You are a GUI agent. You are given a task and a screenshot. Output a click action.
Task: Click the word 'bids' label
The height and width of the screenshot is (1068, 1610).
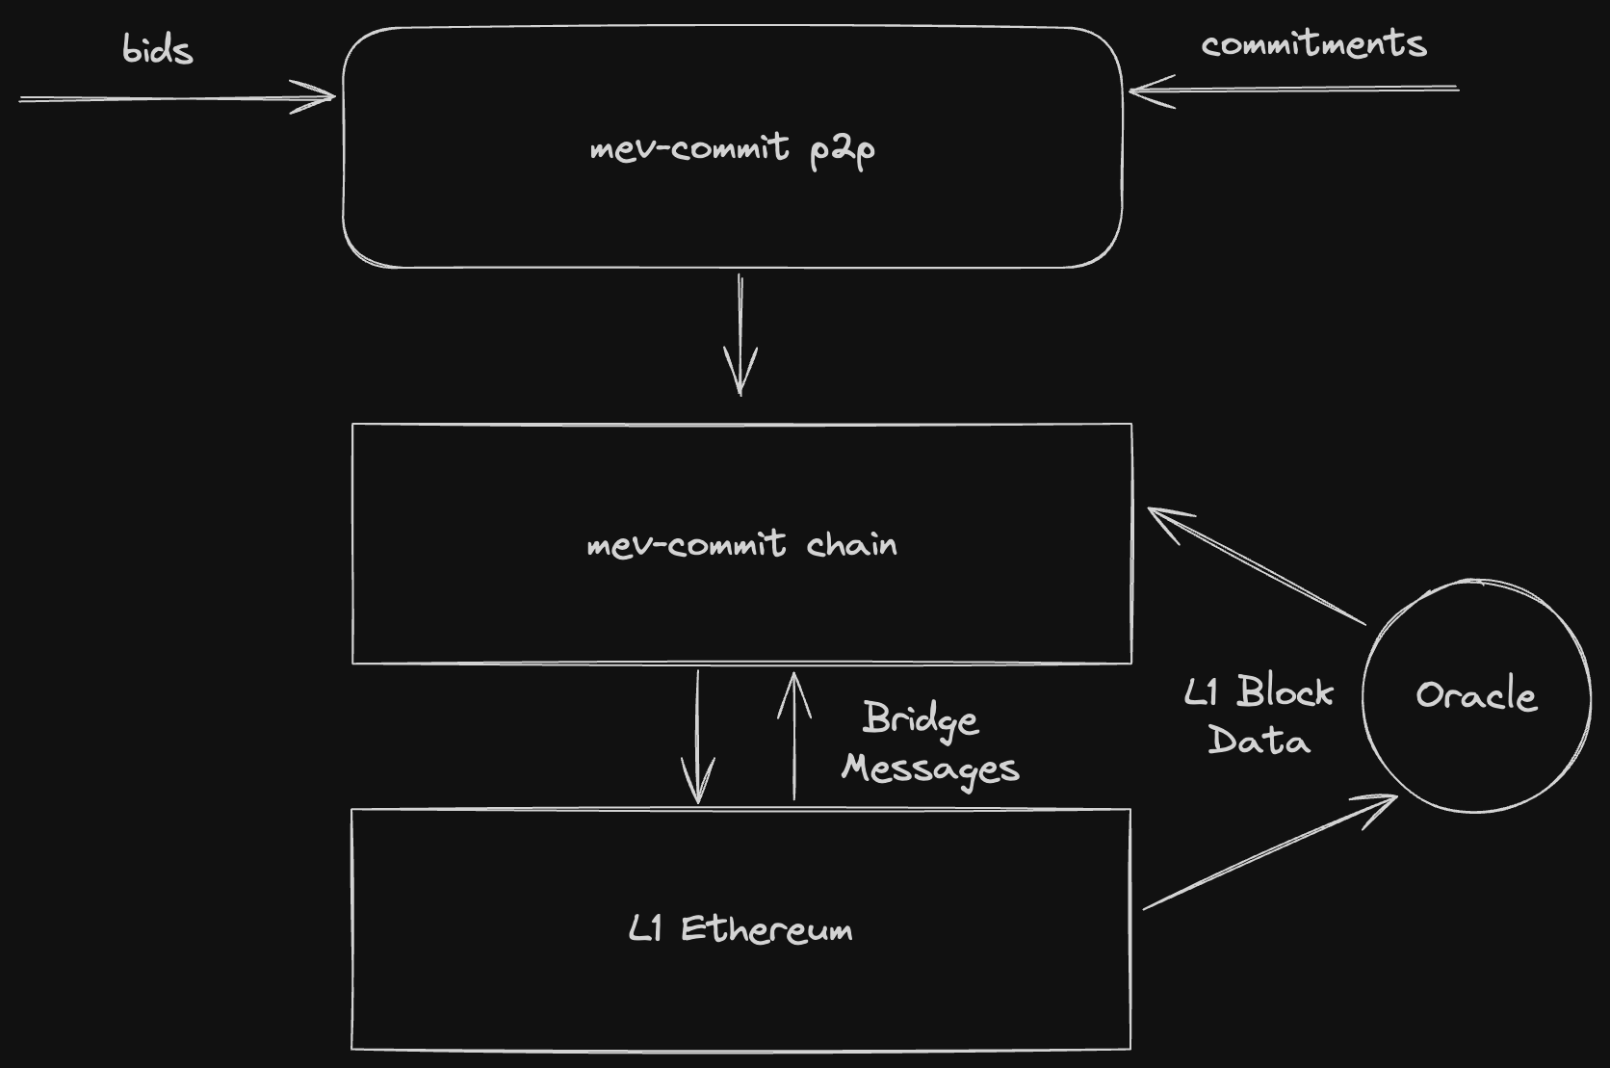[x=157, y=49]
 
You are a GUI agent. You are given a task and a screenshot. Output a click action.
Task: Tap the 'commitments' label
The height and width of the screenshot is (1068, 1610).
[x=1313, y=44]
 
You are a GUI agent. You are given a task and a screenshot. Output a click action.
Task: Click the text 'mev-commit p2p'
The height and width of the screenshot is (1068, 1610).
[x=732, y=149]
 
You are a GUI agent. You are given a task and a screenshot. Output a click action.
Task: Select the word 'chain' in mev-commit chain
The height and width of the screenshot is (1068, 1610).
[x=851, y=545]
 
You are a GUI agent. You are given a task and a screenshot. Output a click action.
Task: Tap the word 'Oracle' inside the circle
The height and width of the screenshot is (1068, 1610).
[x=1475, y=695]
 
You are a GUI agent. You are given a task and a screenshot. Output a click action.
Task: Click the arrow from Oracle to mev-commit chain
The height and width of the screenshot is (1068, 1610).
[x=1257, y=567]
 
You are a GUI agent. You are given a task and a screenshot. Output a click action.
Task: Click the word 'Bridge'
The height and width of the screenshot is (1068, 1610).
[x=921, y=719]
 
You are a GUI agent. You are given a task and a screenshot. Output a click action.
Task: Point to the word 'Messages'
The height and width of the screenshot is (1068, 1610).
[x=930, y=768]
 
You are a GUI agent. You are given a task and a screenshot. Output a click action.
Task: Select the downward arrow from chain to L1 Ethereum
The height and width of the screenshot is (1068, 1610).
[x=698, y=737]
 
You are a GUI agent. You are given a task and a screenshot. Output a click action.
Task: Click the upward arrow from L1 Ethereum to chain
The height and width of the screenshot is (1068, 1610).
[x=794, y=737]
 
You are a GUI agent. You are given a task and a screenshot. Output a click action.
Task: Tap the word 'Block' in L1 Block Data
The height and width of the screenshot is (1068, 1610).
[x=1285, y=691]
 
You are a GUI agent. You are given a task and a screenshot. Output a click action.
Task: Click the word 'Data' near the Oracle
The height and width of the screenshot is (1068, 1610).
[x=1259, y=741]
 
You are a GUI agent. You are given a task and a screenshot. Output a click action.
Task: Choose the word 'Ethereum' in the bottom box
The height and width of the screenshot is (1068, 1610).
[x=766, y=929]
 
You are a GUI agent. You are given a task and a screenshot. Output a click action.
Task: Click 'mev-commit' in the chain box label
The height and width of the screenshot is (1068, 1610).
[x=686, y=545]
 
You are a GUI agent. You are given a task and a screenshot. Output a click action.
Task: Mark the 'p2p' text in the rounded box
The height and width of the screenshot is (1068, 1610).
[x=842, y=150]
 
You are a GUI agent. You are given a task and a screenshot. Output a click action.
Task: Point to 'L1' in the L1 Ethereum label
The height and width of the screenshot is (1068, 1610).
[x=645, y=929]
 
